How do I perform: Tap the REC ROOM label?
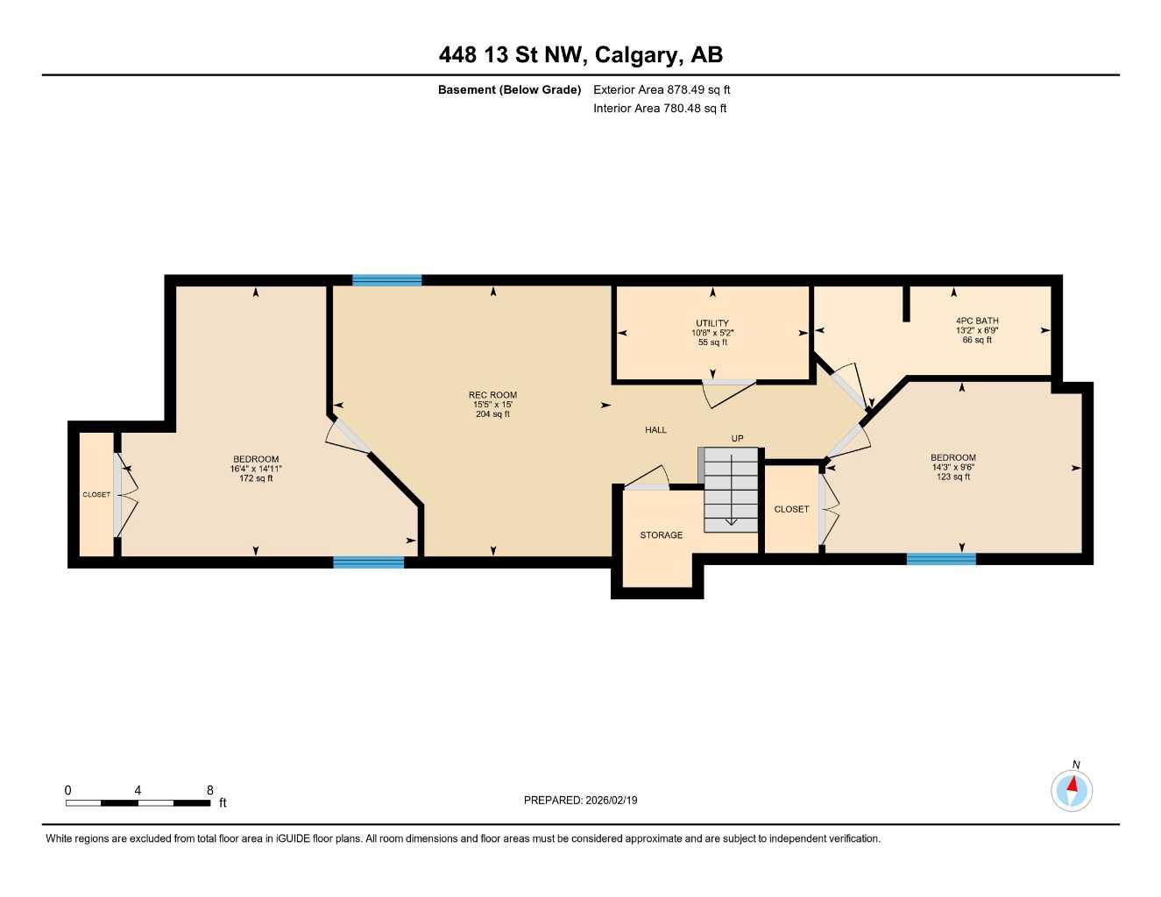tap(492, 395)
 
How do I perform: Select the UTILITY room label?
tap(712, 323)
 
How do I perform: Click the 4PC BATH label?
tap(977, 321)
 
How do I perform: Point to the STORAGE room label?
tap(661, 535)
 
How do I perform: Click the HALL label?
tap(655, 430)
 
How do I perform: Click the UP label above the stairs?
tap(737, 438)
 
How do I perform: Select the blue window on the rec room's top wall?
tap(386, 280)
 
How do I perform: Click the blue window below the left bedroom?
tap(369, 562)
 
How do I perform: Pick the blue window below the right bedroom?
tap(941, 559)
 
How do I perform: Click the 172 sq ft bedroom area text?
tap(256, 478)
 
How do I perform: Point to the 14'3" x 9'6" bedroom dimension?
tap(953, 467)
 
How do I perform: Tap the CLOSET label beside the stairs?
tap(791, 509)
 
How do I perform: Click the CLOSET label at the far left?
tap(96, 495)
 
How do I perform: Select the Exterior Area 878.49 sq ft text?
tap(662, 89)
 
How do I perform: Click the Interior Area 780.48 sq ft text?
tap(660, 109)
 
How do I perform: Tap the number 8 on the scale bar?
tap(210, 790)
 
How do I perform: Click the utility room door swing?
tap(727, 392)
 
